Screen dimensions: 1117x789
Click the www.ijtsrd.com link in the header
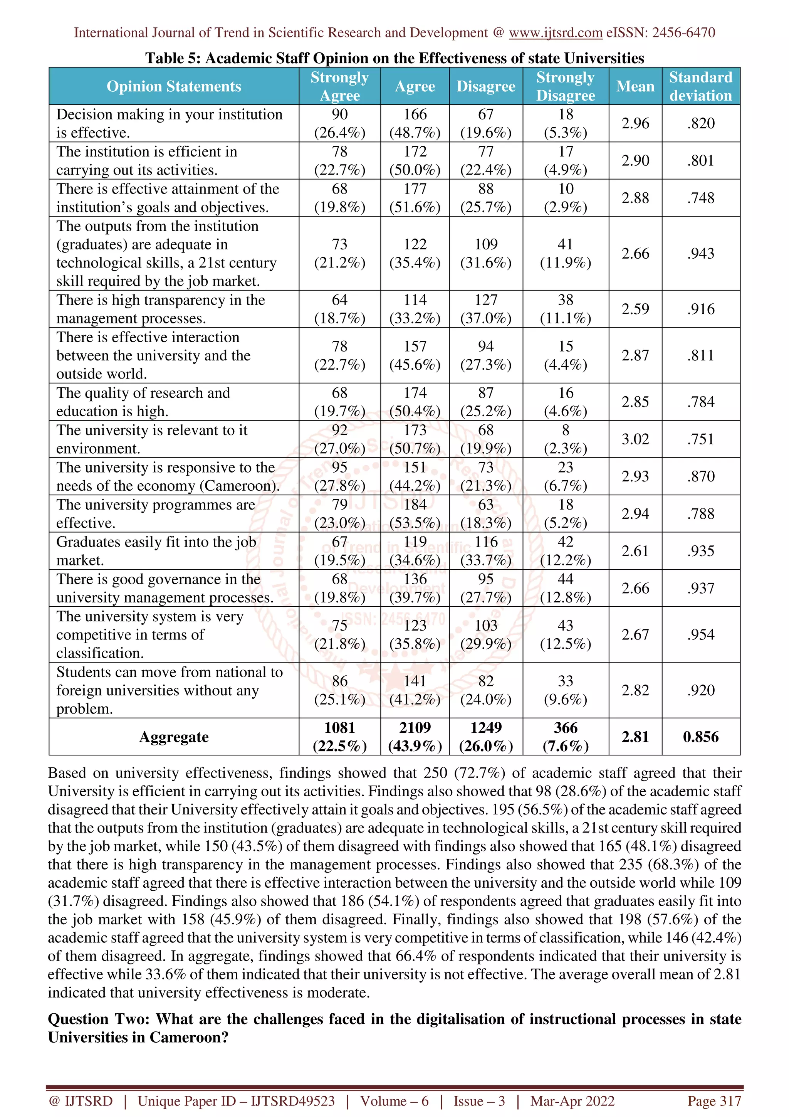click(x=555, y=33)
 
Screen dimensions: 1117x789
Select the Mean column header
click(x=635, y=86)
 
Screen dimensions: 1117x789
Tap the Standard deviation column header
click(x=700, y=86)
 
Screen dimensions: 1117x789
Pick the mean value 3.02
click(x=635, y=439)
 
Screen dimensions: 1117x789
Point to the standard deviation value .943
click(x=700, y=254)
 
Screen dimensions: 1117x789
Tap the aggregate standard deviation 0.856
click(x=700, y=737)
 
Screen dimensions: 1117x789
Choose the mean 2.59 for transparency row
click(x=635, y=309)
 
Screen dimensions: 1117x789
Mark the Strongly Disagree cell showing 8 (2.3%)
click(x=566, y=439)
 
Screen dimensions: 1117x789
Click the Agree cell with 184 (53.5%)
click(x=415, y=514)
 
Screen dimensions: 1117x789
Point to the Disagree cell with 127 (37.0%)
click(x=486, y=309)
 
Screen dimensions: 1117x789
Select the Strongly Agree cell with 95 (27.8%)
click(x=339, y=476)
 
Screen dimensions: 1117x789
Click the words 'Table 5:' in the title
click(x=173, y=58)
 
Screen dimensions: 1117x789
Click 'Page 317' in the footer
click(x=713, y=1101)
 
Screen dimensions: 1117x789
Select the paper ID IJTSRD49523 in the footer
click(x=293, y=1101)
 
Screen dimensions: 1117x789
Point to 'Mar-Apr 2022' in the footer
click(x=572, y=1101)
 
